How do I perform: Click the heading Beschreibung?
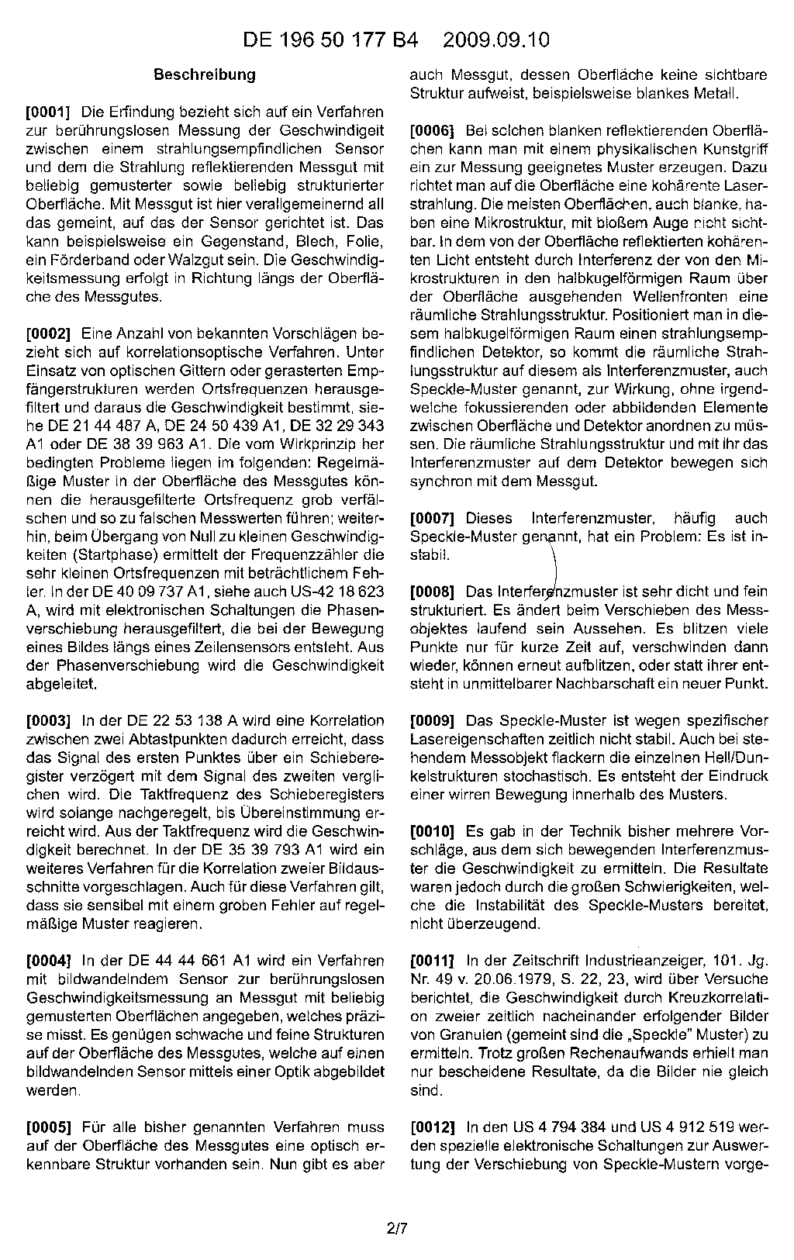(x=205, y=75)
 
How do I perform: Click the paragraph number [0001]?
(x=48, y=110)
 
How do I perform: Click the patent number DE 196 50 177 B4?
(x=330, y=40)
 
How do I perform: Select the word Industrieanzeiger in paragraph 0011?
(x=623, y=961)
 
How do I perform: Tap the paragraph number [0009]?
(x=433, y=720)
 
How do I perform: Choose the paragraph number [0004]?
(x=48, y=961)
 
